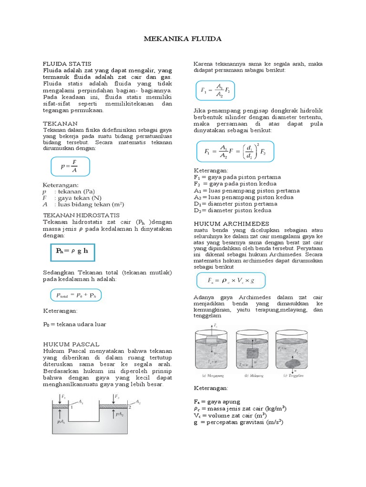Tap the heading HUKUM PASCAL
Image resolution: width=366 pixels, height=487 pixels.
pyautogui.click(x=71, y=344)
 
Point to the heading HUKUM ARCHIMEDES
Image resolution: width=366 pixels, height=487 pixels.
pyautogui.click(x=231, y=224)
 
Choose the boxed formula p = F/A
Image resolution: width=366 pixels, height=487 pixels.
pyautogui.click(x=70, y=166)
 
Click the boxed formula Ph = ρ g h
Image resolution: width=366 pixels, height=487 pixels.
pyautogui.click(x=73, y=251)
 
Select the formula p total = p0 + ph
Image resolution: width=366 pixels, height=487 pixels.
pyautogui.click(x=77, y=295)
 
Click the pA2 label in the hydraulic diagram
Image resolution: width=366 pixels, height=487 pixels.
pyautogui.click(x=120, y=414)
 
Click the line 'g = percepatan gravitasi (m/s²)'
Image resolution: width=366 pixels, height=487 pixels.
pyautogui.click(x=238, y=422)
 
